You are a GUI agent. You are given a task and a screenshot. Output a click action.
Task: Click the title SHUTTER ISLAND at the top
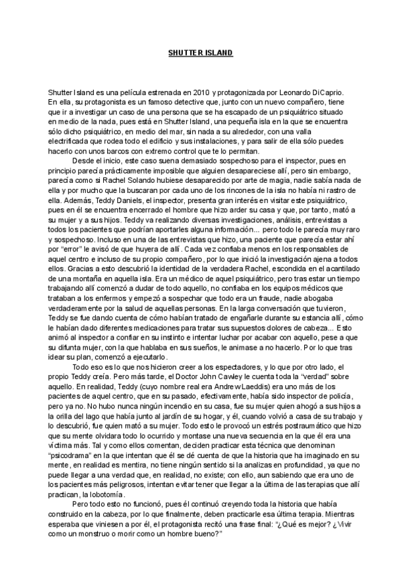pos(200,52)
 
